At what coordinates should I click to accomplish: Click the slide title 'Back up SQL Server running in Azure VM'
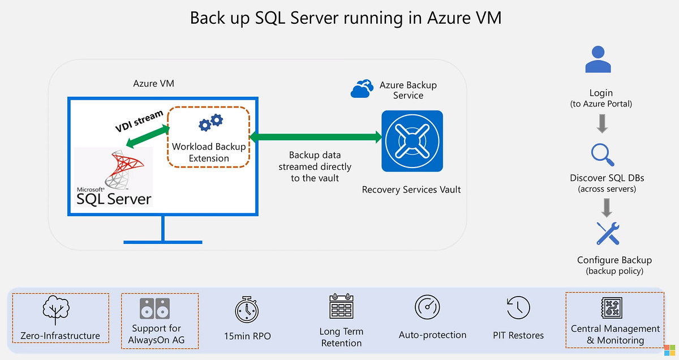point(345,18)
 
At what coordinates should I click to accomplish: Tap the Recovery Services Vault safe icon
point(412,141)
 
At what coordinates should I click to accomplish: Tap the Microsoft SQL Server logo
point(114,177)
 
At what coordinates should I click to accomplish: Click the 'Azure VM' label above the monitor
point(154,83)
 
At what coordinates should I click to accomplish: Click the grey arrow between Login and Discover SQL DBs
point(603,123)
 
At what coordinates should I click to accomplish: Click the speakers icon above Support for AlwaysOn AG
point(154,309)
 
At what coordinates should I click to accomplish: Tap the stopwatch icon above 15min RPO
point(247,310)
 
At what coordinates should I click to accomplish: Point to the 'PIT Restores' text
point(518,336)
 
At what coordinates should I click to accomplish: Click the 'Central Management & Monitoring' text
point(615,335)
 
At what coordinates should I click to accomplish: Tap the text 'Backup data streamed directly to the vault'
point(315,166)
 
